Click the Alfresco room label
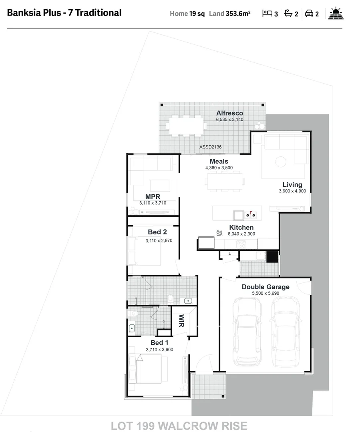point(229,113)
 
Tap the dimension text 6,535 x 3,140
point(229,120)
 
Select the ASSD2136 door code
point(210,147)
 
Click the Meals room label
point(219,162)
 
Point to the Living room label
point(292,185)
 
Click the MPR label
point(153,196)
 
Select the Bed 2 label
point(157,232)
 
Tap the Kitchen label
point(241,228)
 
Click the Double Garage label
point(265,287)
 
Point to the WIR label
point(181,320)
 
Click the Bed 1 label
point(159,343)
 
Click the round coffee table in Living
point(281,162)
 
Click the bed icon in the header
point(267,14)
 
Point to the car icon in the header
point(309,14)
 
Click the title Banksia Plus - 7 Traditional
point(64,13)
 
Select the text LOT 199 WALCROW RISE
point(179,426)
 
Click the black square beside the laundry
point(272,257)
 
